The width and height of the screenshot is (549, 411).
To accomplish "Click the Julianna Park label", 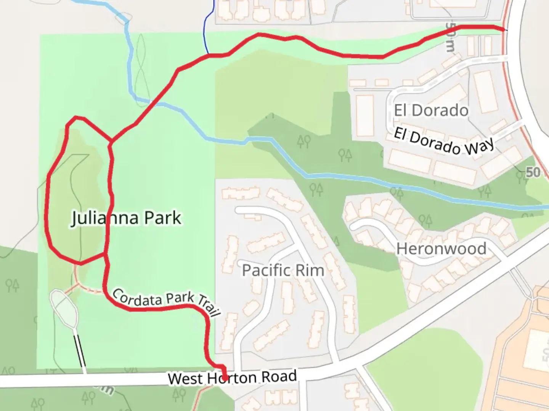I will [126, 218].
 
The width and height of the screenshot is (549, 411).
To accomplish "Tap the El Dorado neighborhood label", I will [431, 110].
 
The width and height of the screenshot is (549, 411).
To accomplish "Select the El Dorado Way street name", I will [444, 142].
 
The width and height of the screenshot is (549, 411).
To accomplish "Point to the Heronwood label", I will [441, 249].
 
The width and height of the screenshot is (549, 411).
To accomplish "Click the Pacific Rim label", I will [283, 271].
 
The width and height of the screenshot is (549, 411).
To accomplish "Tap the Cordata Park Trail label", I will [167, 301].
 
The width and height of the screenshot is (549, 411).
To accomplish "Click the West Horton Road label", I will [232, 378].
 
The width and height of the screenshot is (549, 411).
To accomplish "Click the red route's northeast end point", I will [504, 29].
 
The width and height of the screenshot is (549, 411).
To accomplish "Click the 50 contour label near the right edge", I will [533, 172].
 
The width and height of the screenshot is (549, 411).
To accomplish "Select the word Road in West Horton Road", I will [279, 376].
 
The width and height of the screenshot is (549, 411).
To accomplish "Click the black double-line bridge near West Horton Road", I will [80, 350].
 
